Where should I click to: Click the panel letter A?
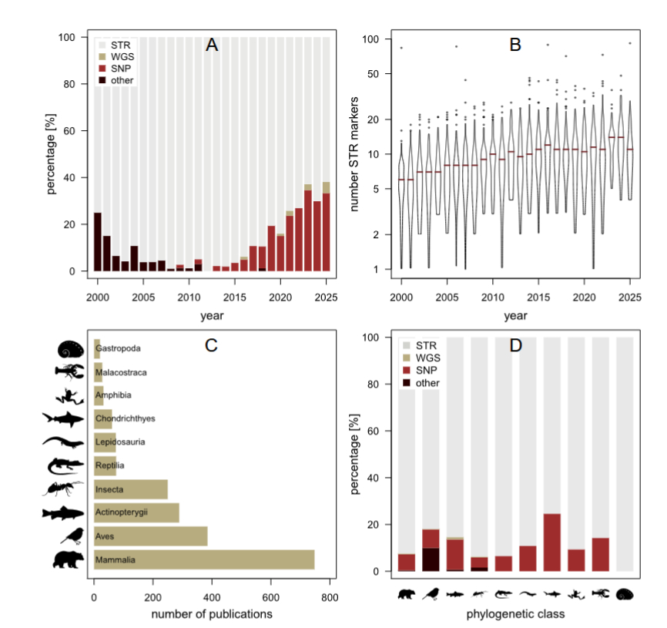click(212, 45)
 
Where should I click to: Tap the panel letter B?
click(515, 45)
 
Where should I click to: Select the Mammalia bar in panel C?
click(204, 559)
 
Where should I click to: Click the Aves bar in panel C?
click(151, 536)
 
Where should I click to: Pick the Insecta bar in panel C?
click(131, 489)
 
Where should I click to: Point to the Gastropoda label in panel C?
click(118, 349)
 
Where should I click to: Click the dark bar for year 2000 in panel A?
click(98, 242)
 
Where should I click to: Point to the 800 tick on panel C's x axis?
click(330, 596)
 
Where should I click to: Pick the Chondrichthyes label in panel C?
click(125, 419)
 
